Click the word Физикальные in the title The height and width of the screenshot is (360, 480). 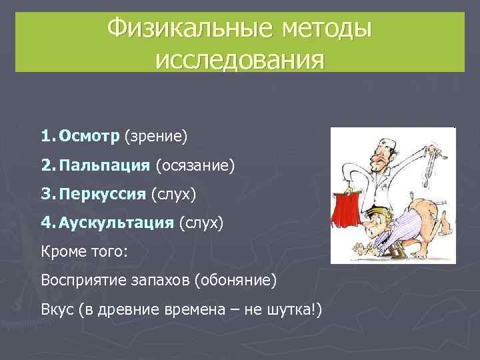(x=181, y=29)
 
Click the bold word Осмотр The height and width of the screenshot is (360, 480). (x=89, y=137)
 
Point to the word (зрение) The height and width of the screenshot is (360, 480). (x=155, y=137)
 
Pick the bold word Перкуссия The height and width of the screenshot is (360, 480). (x=101, y=194)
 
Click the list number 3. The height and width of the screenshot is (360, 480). (x=46, y=194)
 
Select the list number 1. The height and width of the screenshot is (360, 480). (x=46, y=137)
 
